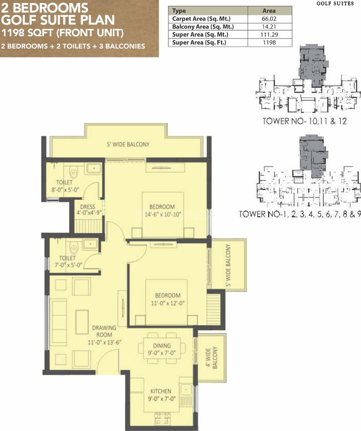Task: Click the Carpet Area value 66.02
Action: [269, 19]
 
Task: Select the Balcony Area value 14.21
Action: [269, 27]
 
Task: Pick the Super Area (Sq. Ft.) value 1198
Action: [269, 42]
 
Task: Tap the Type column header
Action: [179, 11]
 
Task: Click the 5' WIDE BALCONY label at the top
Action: [128, 144]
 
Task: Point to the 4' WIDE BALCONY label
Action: [212, 357]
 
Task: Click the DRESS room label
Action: [88, 207]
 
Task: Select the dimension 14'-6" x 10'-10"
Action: [162, 214]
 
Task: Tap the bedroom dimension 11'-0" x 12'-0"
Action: [167, 303]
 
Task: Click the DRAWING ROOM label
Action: [104, 331]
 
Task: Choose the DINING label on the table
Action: [162, 345]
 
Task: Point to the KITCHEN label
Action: [161, 391]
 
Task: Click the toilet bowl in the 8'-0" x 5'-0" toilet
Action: [74, 172]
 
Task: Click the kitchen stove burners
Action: [162, 420]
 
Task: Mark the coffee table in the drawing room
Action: [82, 322]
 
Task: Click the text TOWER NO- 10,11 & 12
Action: [305, 121]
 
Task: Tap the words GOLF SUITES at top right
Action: [335, 3]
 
